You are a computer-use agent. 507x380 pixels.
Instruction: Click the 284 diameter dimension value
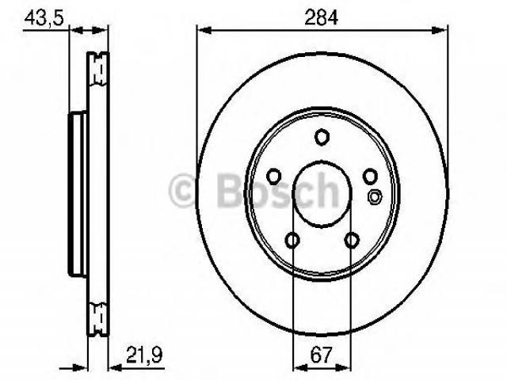click(x=321, y=17)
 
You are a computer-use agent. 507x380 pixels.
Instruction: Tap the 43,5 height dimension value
click(x=44, y=17)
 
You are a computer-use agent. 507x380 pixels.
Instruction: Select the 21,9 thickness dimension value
click(x=144, y=355)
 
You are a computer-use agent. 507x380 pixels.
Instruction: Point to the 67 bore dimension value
click(x=321, y=355)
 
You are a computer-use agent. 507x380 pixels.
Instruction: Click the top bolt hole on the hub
click(x=322, y=137)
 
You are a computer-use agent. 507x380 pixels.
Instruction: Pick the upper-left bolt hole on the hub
click(x=274, y=176)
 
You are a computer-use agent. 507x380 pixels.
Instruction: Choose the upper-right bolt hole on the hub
click(x=370, y=176)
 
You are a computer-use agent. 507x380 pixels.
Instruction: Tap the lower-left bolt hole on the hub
click(x=292, y=240)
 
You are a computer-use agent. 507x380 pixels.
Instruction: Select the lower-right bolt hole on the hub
click(x=352, y=240)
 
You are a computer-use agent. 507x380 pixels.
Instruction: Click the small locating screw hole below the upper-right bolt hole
click(x=375, y=196)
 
